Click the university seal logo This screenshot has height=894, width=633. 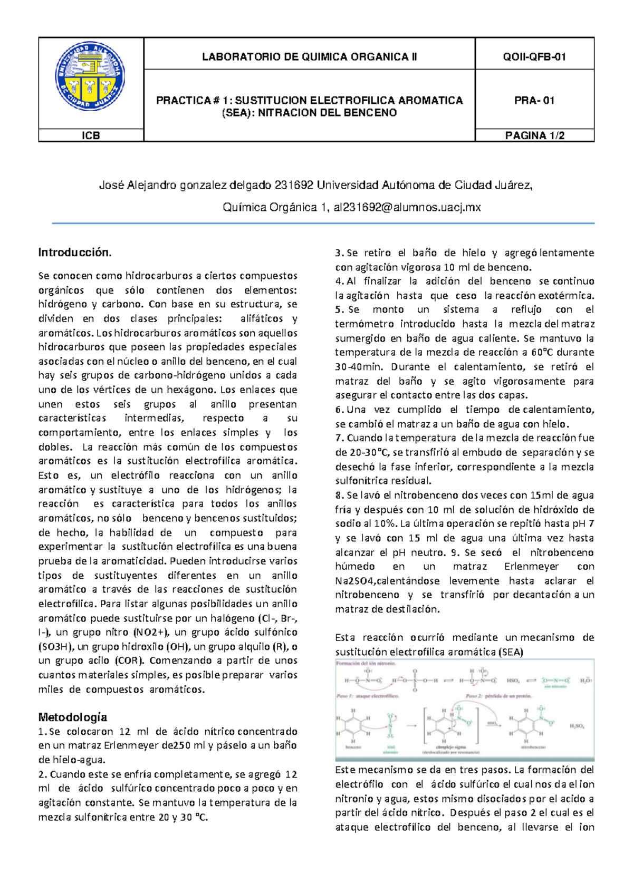[90, 77]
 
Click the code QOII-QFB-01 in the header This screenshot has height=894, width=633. [534, 57]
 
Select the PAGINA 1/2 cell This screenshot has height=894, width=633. [534, 135]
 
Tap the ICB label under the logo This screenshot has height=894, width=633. [91, 135]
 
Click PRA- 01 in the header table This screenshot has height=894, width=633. [534, 101]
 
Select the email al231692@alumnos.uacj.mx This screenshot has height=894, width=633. [407, 208]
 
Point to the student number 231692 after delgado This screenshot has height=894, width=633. [294, 185]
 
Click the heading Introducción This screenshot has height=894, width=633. [75, 252]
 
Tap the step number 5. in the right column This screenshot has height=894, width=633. [339, 310]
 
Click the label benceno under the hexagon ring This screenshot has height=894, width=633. [353, 747]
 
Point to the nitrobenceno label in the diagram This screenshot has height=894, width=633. [533, 747]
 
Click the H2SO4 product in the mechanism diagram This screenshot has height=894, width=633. [577, 726]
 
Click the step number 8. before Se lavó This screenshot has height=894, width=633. [339, 495]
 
